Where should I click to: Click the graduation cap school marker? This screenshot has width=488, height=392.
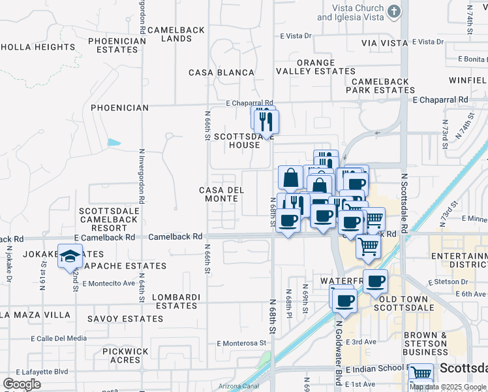pos(70,257)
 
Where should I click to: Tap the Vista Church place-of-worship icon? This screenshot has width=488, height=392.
pos(394,11)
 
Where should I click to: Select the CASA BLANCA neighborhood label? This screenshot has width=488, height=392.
pos(221,73)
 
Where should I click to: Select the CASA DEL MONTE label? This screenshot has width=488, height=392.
pos(221,194)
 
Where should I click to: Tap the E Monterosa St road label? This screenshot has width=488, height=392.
pos(242,343)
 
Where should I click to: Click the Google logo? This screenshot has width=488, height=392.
pos(22,384)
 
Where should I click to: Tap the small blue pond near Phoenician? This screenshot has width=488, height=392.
pos(114,142)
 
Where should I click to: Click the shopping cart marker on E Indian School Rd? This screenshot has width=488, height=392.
pos(421,374)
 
